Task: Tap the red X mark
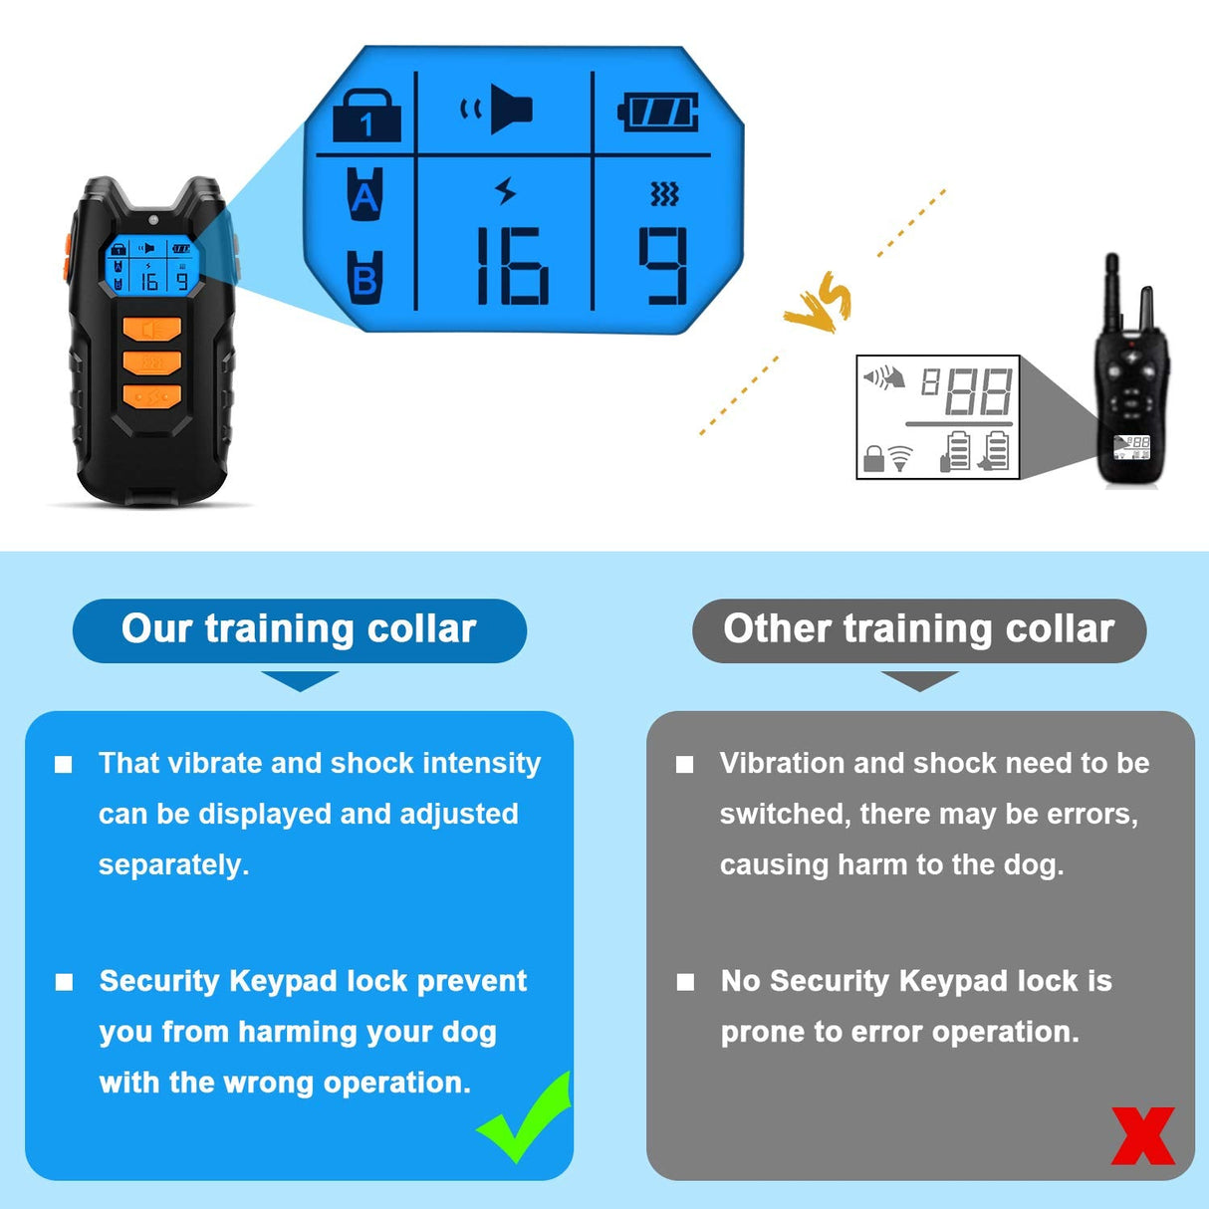(x=1143, y=1136)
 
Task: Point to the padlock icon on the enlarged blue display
(x=366, y=116)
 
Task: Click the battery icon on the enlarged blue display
(x=658, y=113)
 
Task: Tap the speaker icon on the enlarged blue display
(x=498, y=109)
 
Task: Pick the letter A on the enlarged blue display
(x=365, y=194)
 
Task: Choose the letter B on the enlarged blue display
(x=365, y=278)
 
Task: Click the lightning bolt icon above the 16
(x=506, y=190)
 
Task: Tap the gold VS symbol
(x=819, y=305)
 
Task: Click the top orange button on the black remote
(x=152, y=329)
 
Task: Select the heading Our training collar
(x=299, y=629)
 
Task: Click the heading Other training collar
(x=918, y=629)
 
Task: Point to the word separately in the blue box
(x=173, y=864)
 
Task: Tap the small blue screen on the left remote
(x=149, y=264)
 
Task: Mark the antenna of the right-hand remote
(x=1112, y=289)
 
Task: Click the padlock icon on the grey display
(x=873, y=458)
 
